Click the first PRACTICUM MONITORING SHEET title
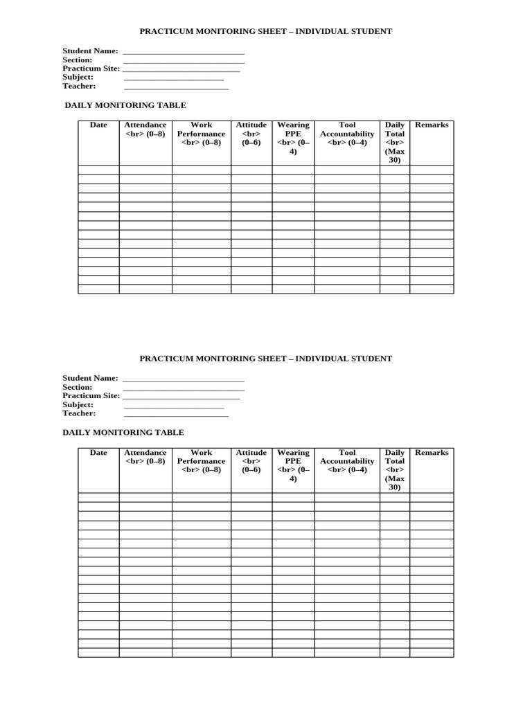265,31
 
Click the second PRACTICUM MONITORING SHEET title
265,359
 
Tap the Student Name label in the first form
90,51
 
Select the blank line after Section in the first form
184,62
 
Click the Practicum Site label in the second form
91,395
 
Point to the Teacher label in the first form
79,86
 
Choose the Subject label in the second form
78,404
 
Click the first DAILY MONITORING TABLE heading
125,105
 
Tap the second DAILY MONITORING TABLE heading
123,433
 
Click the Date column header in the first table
98,125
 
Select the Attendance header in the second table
145,457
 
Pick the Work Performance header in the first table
201,134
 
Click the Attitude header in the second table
251,461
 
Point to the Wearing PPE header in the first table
293,138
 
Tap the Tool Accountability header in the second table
347,461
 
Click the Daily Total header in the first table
395,142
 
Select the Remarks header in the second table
432,453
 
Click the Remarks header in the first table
432,125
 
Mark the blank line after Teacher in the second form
176,416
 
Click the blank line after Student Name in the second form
184,381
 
